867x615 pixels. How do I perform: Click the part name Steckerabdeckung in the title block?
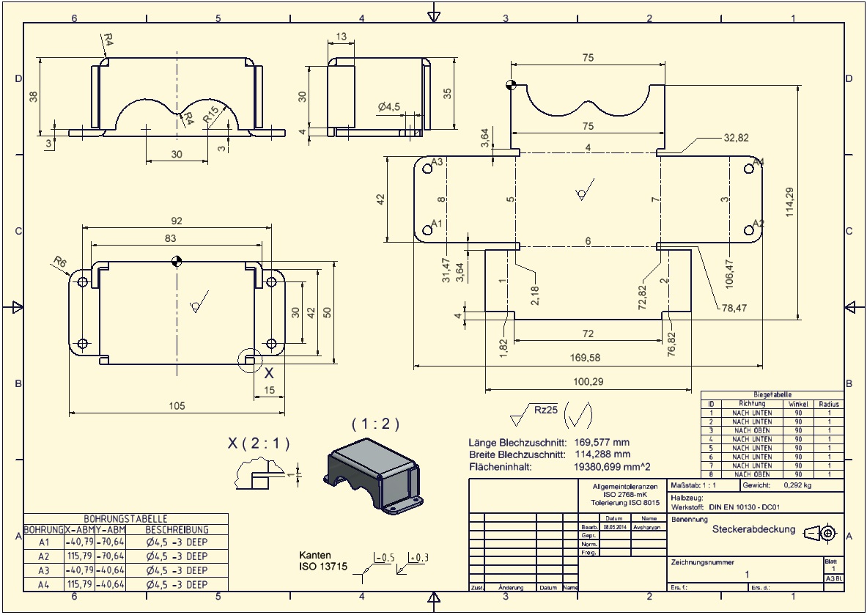[x=753, y=529]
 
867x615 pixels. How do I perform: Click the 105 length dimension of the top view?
[x=177, y=405]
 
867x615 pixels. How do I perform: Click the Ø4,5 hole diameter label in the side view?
[x=389, y=107]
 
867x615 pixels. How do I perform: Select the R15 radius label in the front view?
[x=211, y=114]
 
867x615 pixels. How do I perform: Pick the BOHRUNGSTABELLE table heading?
[x=125, y=518]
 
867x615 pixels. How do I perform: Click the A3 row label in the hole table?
[x=44, y=570]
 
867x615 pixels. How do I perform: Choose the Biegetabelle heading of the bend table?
[x=772, y=394]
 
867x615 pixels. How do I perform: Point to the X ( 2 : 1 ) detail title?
[x=259, y=443]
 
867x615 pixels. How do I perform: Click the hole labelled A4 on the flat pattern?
[x=748, y=169]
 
